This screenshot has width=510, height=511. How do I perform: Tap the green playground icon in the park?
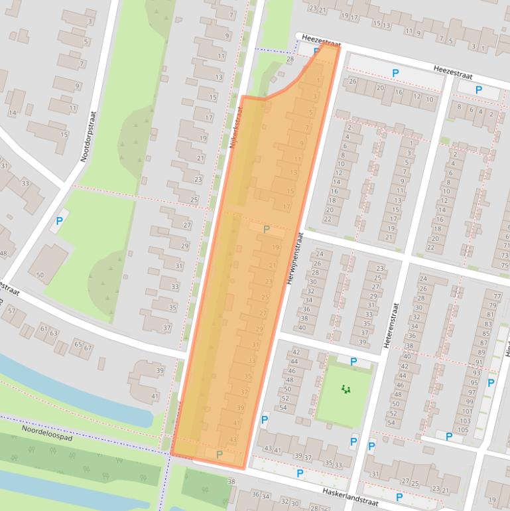point(345,389)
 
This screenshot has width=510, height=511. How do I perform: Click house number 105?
point(463,430)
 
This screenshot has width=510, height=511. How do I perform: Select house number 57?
point(11,311)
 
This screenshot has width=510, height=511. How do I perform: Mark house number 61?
point(44,328)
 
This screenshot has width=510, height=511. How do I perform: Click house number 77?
point(497,294)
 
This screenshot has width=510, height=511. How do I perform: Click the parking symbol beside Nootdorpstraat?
point(58,221)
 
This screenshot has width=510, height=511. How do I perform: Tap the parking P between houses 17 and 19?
point(267,230)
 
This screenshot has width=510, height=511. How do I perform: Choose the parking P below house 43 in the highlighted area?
point(219,455)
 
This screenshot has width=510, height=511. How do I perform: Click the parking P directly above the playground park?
point(353,362)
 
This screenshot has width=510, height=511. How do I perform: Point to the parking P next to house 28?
point(316,51)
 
